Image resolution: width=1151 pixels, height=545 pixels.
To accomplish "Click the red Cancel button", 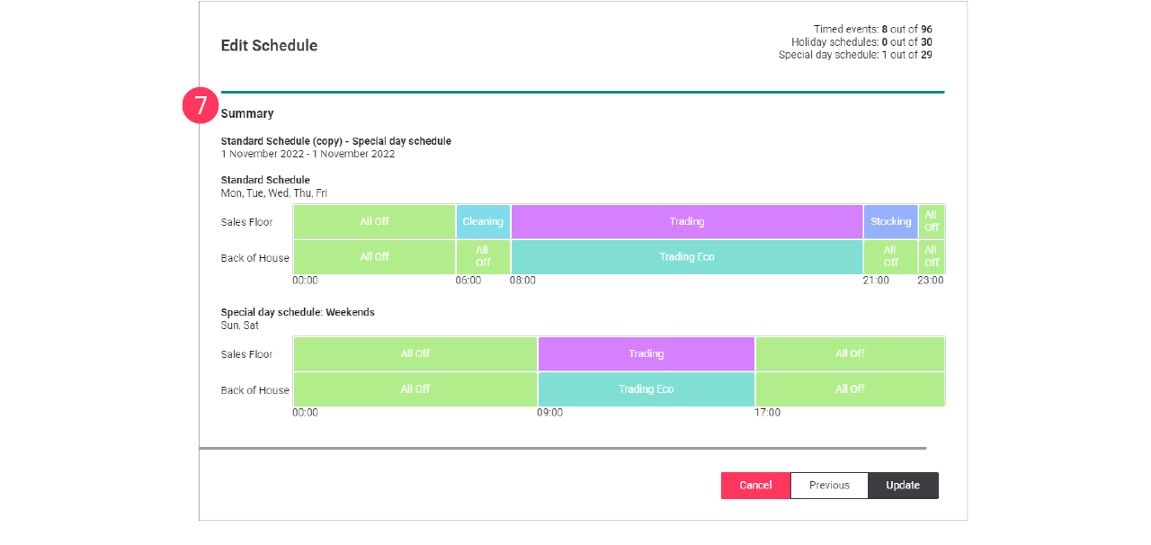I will click(x=755, y=486).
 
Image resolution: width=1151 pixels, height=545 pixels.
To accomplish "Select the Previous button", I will click(x=829, y=486).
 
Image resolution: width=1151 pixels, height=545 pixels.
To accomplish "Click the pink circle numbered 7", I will click(x=201, y=105).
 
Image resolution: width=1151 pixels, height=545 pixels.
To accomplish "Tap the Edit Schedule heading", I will click(x=269, y=46).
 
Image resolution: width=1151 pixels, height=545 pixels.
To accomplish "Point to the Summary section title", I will click(x=247, y=114).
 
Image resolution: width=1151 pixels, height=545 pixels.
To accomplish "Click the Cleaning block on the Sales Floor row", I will click(x=483, y=221).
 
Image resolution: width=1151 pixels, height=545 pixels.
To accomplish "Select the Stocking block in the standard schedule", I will click(x=890, y=221).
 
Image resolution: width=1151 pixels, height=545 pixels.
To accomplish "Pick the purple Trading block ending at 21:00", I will click(x=686, y=221).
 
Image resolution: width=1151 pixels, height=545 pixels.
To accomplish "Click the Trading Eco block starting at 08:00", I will click(x=686, y=257).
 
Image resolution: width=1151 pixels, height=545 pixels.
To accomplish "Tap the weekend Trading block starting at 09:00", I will click(x=646, y=353).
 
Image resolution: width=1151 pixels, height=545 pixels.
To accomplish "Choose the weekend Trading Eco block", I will click(x=646, y=389).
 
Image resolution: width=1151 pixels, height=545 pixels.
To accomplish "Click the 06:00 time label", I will click(x=468, y=281).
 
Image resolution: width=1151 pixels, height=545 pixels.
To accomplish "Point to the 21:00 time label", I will click(x=876, y=281).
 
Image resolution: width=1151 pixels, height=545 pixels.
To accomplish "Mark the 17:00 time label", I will click(x=767, y=413).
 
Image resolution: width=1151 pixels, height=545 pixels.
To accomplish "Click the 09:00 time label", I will click(x=550, y=413).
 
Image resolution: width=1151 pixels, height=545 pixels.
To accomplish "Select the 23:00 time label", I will click(x=930, y=281).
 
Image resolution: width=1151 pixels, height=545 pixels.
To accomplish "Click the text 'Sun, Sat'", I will click(x=240, y=326).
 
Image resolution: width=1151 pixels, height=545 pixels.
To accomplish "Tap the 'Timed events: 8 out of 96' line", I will click(x=872, y=30).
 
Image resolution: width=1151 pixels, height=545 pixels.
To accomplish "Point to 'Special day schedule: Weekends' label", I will click(x=298, y=312).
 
